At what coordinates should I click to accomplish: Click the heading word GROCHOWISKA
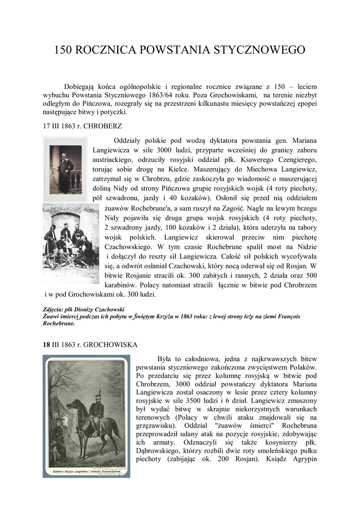[113, 344]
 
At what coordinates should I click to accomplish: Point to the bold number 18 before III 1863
[46, 344]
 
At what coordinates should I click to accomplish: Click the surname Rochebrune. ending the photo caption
[59, 323]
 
